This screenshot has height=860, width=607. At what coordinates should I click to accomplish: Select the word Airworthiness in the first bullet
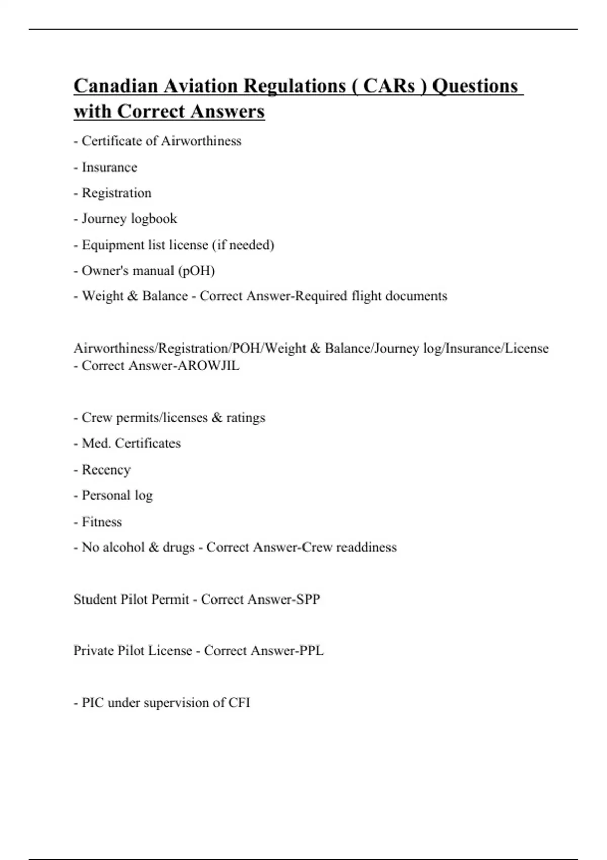pos(201,141)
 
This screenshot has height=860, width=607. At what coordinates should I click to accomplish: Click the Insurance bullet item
pos(109,167)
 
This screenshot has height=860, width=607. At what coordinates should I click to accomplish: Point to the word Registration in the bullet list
pos(116,193)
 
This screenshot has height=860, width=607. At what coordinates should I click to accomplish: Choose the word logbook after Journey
pos(154,219)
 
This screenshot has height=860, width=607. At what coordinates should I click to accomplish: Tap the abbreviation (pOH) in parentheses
pos(196,271)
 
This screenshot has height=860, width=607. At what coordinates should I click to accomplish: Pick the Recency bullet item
pos(106,470)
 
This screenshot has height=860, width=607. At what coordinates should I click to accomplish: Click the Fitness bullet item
pos(102,522)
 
